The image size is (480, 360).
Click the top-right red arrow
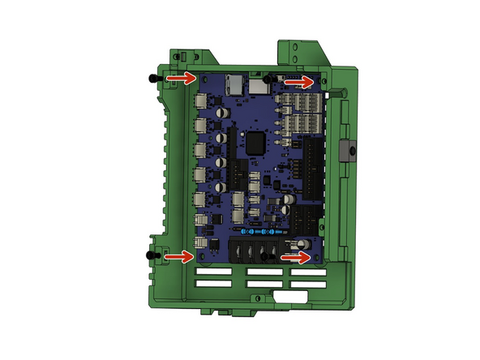pyautogui.click(x=299, y=81)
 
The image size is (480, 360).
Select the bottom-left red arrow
pyautogui.click(x=180, y=256)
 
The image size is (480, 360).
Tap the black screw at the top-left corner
pyautogui.click(x=151, y=78)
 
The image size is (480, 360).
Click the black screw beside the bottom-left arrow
pyautogui.click(x=149, y=255)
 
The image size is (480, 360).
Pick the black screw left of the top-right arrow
pyautogui.click(x=266, y=78)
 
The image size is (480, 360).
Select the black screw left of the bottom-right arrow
pyautogui.click(x=265, y=256)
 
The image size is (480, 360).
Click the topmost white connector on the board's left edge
pyautogui.click(x=200, y=101)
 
